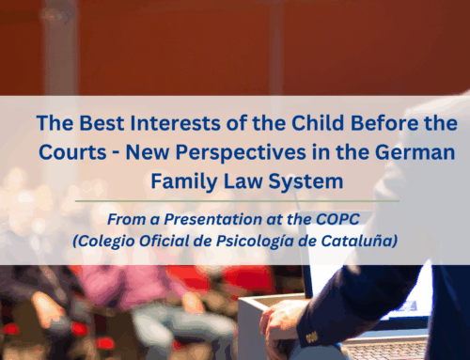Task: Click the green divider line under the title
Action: [x=234, y=198]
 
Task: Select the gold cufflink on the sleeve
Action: [x=309, y=336]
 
